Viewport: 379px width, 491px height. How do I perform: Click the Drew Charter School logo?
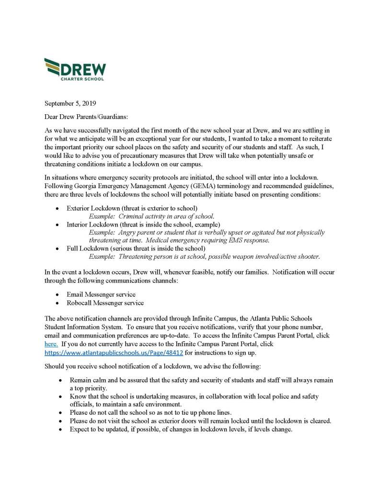75,69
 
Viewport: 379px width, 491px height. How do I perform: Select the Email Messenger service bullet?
101,294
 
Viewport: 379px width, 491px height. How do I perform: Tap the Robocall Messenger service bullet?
105,303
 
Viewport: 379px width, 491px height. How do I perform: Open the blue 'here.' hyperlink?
51,344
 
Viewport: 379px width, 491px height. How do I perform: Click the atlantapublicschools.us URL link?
114,353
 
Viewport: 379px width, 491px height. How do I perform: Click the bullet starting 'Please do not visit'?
200,421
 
